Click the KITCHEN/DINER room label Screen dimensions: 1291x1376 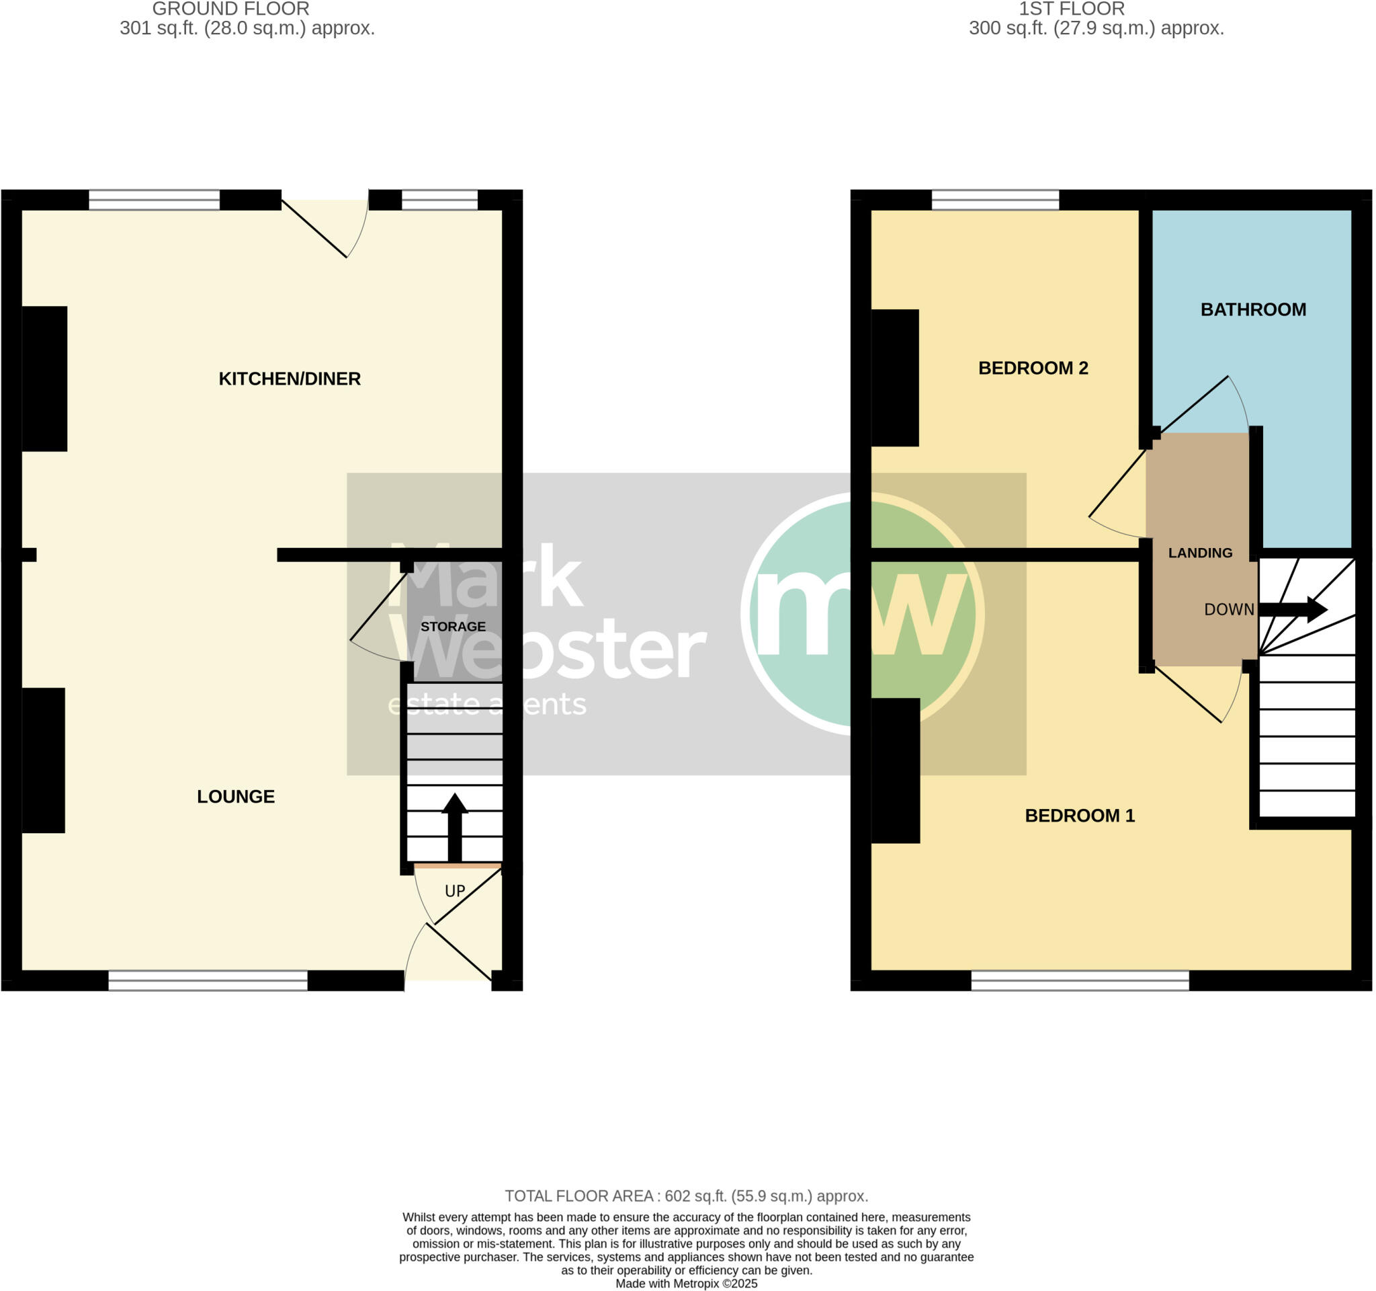click(x=290, y=379)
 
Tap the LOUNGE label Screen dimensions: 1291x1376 click(x=235, y=797)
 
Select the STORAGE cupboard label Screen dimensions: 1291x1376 click(x=453, y=627)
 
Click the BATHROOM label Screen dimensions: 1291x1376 click(x=1253, y=309)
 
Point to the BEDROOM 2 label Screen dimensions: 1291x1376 click(x=1033, y=368)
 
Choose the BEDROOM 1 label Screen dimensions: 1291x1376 click(x=1079, y=816)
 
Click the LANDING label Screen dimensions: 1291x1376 click(x=1200, y=553)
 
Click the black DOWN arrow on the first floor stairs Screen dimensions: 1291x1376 click(x=1292, y=610)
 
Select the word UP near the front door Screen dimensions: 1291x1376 click(x=455, y=892)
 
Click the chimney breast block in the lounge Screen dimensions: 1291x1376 click(x=44, y=760)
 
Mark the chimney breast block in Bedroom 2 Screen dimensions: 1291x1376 click(x=894, y=377)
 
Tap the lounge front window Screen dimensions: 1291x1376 click(x=208, y=980)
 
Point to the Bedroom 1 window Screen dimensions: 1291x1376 click(x=1080, y=980)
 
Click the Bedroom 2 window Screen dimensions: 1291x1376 click(x=994, y=200)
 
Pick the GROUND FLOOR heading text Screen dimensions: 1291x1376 click(x=230, y=9)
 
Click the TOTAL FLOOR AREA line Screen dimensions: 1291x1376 click(x=686, y=1196)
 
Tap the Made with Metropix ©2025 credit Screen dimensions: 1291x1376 click(x=686, y=1284)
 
